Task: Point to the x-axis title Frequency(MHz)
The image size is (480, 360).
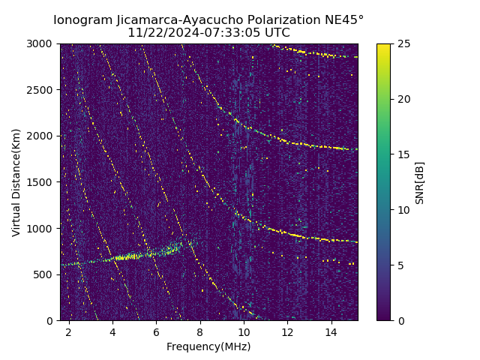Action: tap(208, 346)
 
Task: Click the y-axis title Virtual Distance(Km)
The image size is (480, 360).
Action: tap(16, 182)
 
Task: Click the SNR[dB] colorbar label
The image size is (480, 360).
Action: tap(420, 182)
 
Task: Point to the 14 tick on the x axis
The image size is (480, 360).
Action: tap(331, 331)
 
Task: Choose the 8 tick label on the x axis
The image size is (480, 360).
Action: tap(200, 331)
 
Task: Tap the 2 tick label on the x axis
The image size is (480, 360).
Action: tap(69, 331)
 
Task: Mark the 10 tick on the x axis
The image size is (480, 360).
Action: tap(244, 331)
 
